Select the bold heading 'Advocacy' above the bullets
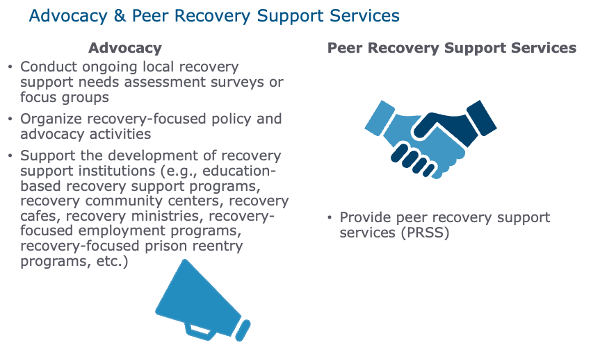124,48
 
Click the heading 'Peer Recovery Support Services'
452,48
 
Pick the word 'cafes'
40,216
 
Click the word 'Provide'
365,217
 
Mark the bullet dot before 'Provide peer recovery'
329,218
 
